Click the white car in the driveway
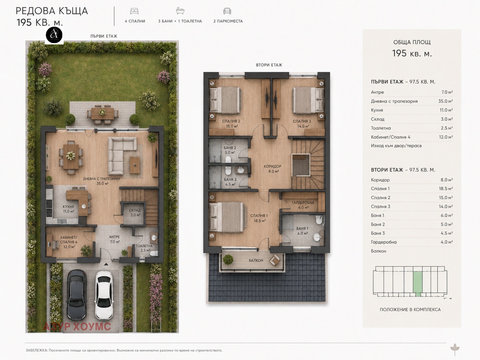(x=104, y=295)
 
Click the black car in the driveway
(x=77, y=295)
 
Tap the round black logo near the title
(x=54, y=35)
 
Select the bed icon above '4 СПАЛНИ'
(x=134, y=11)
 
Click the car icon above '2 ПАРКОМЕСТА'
(x=227, y=11)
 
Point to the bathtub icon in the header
(x=180, y=11)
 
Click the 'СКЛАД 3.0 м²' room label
(x=135, y=212)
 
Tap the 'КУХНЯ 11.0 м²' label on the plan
(x=68, y=209)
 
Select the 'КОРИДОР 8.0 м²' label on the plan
(x=273, y=169)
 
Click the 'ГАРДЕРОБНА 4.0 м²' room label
(x=303, y=205)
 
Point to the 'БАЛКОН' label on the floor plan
(x=256, y=260)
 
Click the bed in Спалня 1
(x=226, y=217)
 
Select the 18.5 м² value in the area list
(x=446, y=189)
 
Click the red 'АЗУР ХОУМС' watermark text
(x=77, y=327)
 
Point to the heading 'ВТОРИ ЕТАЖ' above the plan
(x=269, y=65)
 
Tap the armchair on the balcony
(x=274, y=260)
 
